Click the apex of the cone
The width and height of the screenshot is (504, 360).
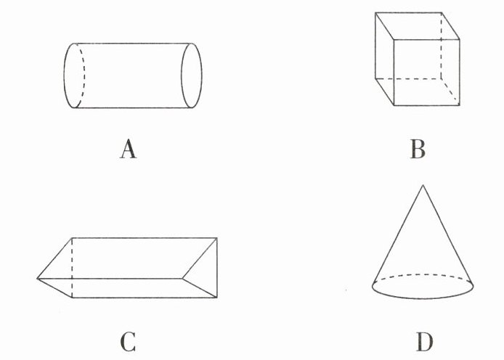click(x=422, y=185)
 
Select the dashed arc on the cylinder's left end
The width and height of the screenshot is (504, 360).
click(x=83, y=75)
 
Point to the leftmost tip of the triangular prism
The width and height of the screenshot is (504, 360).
click(x=38, y=278)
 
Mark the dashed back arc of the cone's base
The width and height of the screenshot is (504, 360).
click(x=423, y=275)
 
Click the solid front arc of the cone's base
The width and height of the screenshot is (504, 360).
click(x=423, y=296)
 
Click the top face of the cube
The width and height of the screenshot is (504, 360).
click(x=417, y=22)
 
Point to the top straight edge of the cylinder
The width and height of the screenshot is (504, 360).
click(x=134, y=43)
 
